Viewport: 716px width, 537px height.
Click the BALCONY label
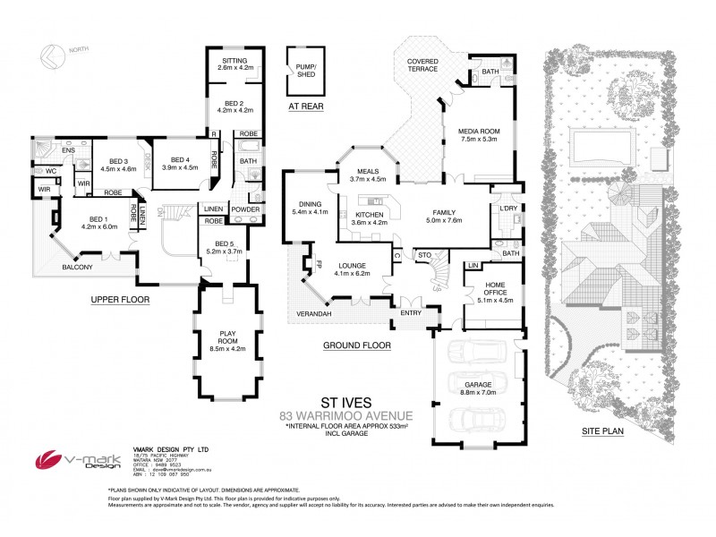(x=77, y=268)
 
